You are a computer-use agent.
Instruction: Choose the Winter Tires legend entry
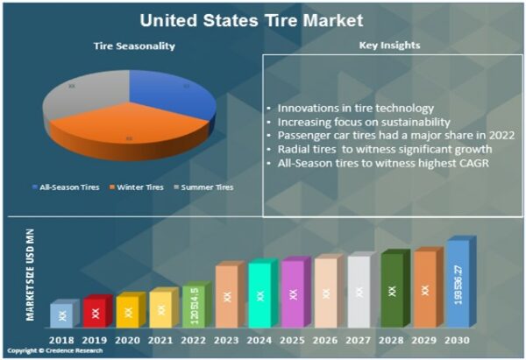[139, 187]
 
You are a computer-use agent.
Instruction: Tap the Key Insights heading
[389, 46]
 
